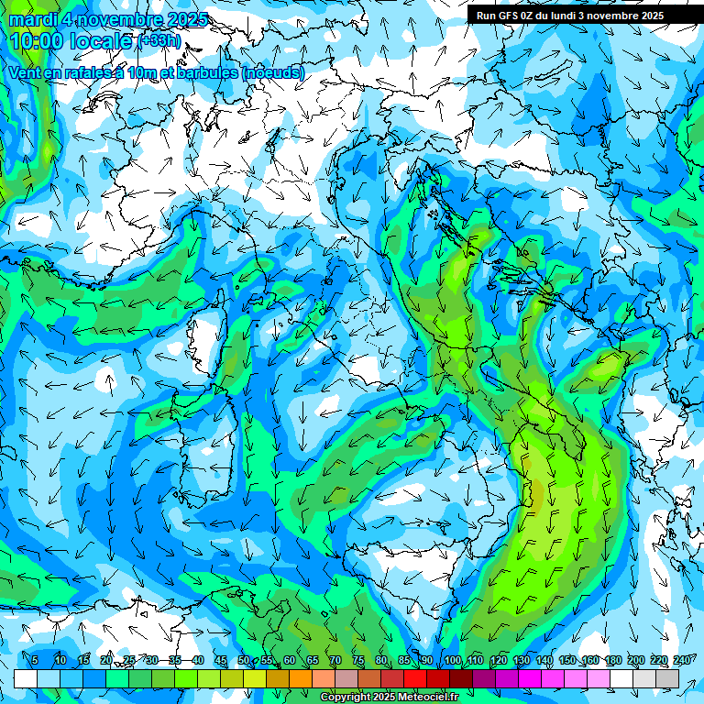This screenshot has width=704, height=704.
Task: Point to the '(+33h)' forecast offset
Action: coord(159,41)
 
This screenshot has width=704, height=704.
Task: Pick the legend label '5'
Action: coord(35,661)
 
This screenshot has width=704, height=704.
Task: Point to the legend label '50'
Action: coord(244,661)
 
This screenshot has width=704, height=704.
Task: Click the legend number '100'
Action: coord(453,661)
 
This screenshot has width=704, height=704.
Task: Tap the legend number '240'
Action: coord(682,661)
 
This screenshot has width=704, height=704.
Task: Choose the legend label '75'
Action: coord(358,661)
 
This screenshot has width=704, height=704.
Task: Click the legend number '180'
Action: coord(613,661)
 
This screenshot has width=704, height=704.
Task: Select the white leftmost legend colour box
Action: coord(26,678)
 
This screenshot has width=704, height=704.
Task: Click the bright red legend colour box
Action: coord(415,678)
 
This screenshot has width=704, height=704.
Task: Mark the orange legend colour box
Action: coord(278,678)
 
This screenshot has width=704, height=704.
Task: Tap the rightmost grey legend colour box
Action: coord(667,678)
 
